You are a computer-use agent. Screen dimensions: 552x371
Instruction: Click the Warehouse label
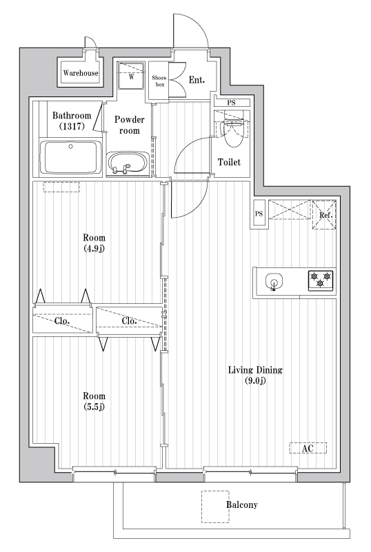point(81,73)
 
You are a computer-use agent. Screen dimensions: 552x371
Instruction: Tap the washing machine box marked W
point(130,76)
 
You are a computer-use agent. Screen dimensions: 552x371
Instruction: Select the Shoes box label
point(159,81)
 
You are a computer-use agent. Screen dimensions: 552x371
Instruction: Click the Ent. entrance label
point(197,81)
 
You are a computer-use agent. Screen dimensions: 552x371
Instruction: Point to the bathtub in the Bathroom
point(71,157)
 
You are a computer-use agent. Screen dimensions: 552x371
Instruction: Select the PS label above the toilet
point(232,103)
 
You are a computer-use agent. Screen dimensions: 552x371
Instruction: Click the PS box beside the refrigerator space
point(259,214)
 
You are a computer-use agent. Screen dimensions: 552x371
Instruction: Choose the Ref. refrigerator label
point(325,215)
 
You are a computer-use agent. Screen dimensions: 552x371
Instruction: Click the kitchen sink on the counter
point(274,281)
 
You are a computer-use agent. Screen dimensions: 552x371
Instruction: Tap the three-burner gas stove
point(321,280)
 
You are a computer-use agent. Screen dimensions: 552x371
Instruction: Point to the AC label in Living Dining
point(308,449)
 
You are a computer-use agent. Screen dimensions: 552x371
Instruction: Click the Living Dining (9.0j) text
point(256,376)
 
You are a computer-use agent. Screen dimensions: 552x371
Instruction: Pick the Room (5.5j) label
point(94,401)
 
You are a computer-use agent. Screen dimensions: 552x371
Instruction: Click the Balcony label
point(241,505)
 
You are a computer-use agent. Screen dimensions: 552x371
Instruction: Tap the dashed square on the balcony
point(215,502)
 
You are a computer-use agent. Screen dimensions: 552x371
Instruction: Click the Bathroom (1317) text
point(72,121)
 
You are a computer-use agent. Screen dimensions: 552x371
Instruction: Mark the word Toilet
point(229,163)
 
